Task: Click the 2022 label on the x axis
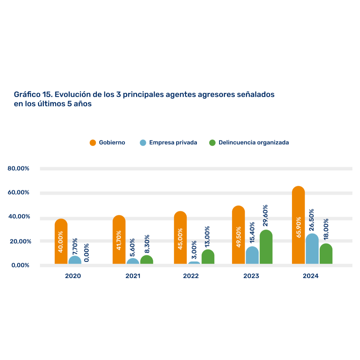pos(191,276)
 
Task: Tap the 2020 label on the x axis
pos(73,276)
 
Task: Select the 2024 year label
pos(311,276)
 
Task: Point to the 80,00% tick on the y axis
pos(18,169)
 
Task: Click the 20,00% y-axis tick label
pos(19,241)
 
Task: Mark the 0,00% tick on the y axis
pos(20,265)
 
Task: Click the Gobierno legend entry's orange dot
pos(93,143)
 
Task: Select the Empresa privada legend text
pos(173,143)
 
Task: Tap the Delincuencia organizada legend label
pos(254,143)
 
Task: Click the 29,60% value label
pos(266,216)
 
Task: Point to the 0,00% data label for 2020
pos(86,252)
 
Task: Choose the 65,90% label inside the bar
pos(299,227)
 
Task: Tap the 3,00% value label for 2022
pos(194,250)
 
